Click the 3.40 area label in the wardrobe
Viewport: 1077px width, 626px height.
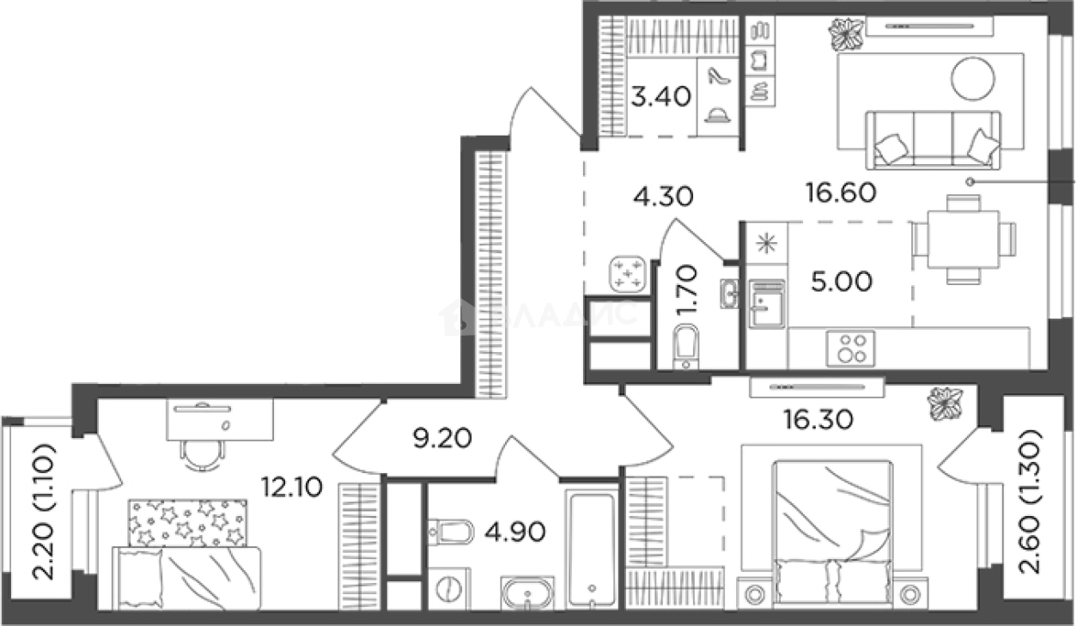tap(660, 95)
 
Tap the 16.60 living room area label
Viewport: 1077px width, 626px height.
tap(841, 193)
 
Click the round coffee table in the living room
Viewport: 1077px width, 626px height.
tap(972, 78)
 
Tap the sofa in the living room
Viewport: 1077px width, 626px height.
tap(933, 139)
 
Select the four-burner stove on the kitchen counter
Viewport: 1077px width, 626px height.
tap(850, 348)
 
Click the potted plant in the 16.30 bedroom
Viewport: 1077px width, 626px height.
tap(946, 403)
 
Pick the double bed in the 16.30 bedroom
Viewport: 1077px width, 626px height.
tap(831, 532)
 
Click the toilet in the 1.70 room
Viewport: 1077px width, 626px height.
tap(685, 349)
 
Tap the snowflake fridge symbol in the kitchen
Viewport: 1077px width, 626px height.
tap(764, 243)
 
